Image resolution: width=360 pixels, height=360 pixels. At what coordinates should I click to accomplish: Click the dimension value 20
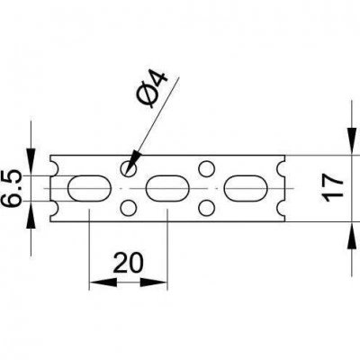click(x=128, y=263)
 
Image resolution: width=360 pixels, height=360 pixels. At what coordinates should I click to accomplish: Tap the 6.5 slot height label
click(x=13, y=189)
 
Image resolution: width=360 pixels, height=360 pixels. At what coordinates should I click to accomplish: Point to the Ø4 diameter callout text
click(x=152, y=89)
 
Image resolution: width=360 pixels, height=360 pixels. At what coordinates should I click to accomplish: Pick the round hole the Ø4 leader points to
click(x=129, y=168)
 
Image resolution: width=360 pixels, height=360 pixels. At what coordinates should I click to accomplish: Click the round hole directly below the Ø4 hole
click(x=129, y=208)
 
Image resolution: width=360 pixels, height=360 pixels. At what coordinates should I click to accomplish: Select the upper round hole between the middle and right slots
click(x=207, y=168)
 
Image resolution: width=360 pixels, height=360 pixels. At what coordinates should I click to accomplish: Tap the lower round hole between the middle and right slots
click(x=207, y=208)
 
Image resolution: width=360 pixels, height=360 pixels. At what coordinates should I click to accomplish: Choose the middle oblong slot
click(x=167, y=188)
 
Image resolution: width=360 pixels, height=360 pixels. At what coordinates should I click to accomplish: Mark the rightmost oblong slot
click(x=246, y=188)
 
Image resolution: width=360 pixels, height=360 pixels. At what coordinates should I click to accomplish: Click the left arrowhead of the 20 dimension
click(x=103, y=282)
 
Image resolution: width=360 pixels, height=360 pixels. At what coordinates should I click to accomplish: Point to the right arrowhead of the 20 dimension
click(x=154, y=282)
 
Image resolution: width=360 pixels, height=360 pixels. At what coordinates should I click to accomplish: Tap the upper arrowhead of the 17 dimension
click(x=352, y=141)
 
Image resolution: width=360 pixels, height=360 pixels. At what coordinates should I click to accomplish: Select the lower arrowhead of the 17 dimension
click(x=352, y=235)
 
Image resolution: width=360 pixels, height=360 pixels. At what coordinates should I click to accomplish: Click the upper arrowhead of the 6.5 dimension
click(x=31, y=162)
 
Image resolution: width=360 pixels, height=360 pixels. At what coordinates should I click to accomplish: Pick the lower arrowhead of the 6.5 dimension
click(x=31, y=214)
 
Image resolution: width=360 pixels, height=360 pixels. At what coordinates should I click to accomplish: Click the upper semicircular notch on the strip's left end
click(x=53, y=168)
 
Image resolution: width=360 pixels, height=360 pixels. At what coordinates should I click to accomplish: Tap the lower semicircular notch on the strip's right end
click(x=282, y=208)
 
